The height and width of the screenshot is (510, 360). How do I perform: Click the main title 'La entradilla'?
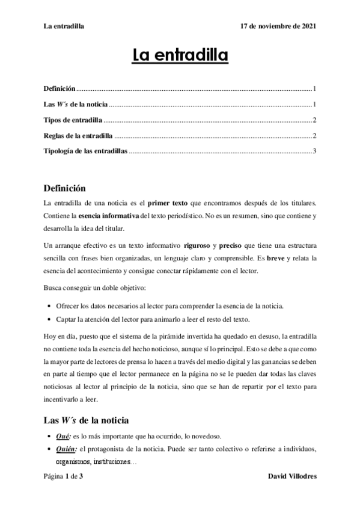tap(180, 57)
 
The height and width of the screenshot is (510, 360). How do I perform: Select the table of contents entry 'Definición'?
tap(59, 88)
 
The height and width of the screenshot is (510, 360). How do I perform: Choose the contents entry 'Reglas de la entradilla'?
tap(79, 135)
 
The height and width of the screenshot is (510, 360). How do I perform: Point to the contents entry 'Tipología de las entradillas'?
tap(86, 150)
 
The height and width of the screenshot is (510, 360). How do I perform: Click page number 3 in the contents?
tap(314, 150)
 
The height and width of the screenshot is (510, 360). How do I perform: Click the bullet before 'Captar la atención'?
tap(49, 319)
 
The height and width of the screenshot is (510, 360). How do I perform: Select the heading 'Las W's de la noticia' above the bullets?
tap(87, 420)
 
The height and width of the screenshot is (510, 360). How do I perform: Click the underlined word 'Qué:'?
tap(63, 436)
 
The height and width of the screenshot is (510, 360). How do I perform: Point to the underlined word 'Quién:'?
tap(66, 449)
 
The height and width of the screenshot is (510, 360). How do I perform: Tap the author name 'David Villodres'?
tap(291, 476)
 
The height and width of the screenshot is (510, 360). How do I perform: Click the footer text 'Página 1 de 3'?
tap(63, 476)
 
